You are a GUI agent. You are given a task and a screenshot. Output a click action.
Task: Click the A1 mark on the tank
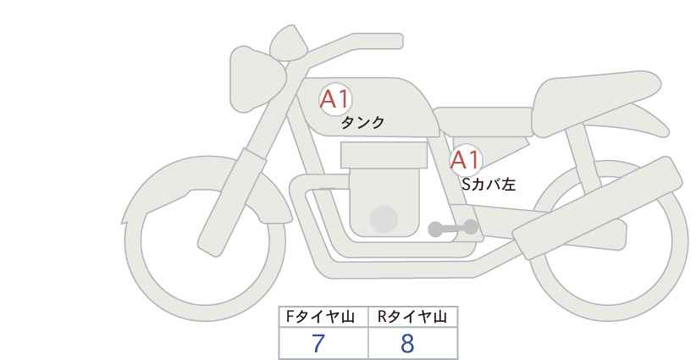335,99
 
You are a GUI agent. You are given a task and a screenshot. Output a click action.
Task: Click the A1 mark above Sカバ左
465,159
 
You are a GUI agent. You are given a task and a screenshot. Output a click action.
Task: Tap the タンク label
362,123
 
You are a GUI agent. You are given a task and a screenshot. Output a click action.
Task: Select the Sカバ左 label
489,182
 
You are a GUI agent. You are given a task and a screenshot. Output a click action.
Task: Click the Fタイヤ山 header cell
324,317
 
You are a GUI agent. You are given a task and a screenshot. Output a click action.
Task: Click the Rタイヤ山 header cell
412,317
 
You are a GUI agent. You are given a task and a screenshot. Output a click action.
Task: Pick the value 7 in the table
318,343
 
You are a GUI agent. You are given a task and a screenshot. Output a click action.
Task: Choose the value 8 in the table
407,343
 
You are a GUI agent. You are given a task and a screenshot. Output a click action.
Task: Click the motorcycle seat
593,93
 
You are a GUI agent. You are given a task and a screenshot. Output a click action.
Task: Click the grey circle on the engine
384,219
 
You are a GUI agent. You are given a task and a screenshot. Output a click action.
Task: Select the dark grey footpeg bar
453,228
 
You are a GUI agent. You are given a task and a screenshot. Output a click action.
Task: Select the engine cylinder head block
384,154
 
